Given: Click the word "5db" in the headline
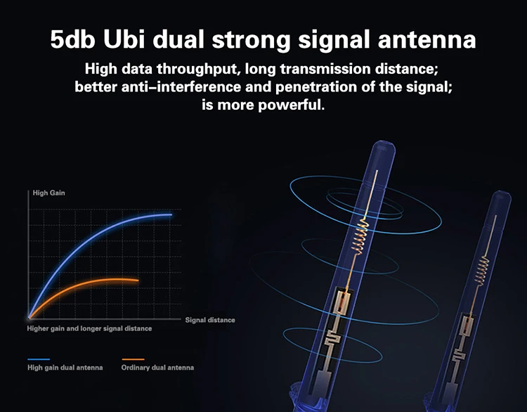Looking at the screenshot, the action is point(72,39).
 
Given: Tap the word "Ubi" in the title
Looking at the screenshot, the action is point(124,39).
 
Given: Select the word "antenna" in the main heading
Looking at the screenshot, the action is point(427,40).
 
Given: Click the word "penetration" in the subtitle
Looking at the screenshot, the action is point(316,87).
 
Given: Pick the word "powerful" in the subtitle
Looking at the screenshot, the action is point(291,105).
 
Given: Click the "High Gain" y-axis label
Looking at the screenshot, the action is point(48,193).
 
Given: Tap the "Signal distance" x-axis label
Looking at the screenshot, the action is point(210,320).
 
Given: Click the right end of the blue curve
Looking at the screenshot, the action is point(171,214).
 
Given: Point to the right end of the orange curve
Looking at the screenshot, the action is point(138,280).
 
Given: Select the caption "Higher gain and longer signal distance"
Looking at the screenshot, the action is point(89,328).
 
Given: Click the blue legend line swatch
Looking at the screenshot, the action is point(39,359).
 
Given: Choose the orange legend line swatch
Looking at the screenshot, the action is point(133,359).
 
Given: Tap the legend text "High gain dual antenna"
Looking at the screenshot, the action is point(65,368).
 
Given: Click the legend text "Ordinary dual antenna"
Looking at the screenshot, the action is point(157,368).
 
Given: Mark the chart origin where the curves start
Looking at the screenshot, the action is point(30,318).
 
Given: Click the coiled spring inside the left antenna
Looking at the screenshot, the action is point(360,236).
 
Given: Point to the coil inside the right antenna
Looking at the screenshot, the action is point(482,271).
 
